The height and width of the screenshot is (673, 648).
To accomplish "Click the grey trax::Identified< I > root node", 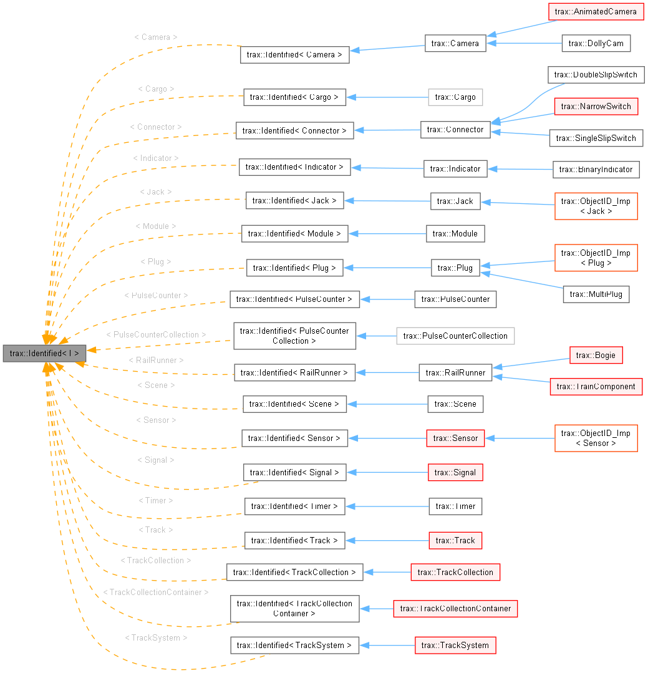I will (x=44, y=353).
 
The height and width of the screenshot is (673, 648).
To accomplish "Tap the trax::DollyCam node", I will (x=596, y=43).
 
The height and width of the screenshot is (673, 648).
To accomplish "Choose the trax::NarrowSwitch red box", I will (x=596, y=107).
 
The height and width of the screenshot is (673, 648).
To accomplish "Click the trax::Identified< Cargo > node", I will (x=294, y=97).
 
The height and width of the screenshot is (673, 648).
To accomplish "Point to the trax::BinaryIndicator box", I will (x=596, y=169).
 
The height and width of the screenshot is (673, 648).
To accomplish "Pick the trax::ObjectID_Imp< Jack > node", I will (x=596, y=206).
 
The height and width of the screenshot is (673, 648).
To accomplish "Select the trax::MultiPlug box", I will (x=596, y=294).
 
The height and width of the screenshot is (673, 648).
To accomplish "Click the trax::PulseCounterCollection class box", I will (x=455, y=336).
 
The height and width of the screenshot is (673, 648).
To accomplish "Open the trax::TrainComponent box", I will (x=596, y=387).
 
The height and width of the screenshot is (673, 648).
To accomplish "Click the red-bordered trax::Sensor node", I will (x=455, y=438).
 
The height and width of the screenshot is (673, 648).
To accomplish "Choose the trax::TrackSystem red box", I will (x=455, y=645).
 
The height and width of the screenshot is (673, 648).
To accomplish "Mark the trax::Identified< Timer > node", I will (x=294, y=506).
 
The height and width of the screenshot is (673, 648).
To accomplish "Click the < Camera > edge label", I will (x=156, y=37).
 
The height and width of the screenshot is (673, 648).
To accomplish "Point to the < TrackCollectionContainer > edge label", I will (x=156, y=591).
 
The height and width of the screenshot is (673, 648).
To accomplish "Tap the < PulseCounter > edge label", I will (x=156, y=294).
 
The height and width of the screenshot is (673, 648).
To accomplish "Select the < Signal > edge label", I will (x=156, y=460).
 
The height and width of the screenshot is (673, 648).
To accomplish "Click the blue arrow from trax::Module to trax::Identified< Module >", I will (x=387, y=233).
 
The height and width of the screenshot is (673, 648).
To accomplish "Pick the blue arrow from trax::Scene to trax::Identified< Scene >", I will (x=387, y=404).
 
